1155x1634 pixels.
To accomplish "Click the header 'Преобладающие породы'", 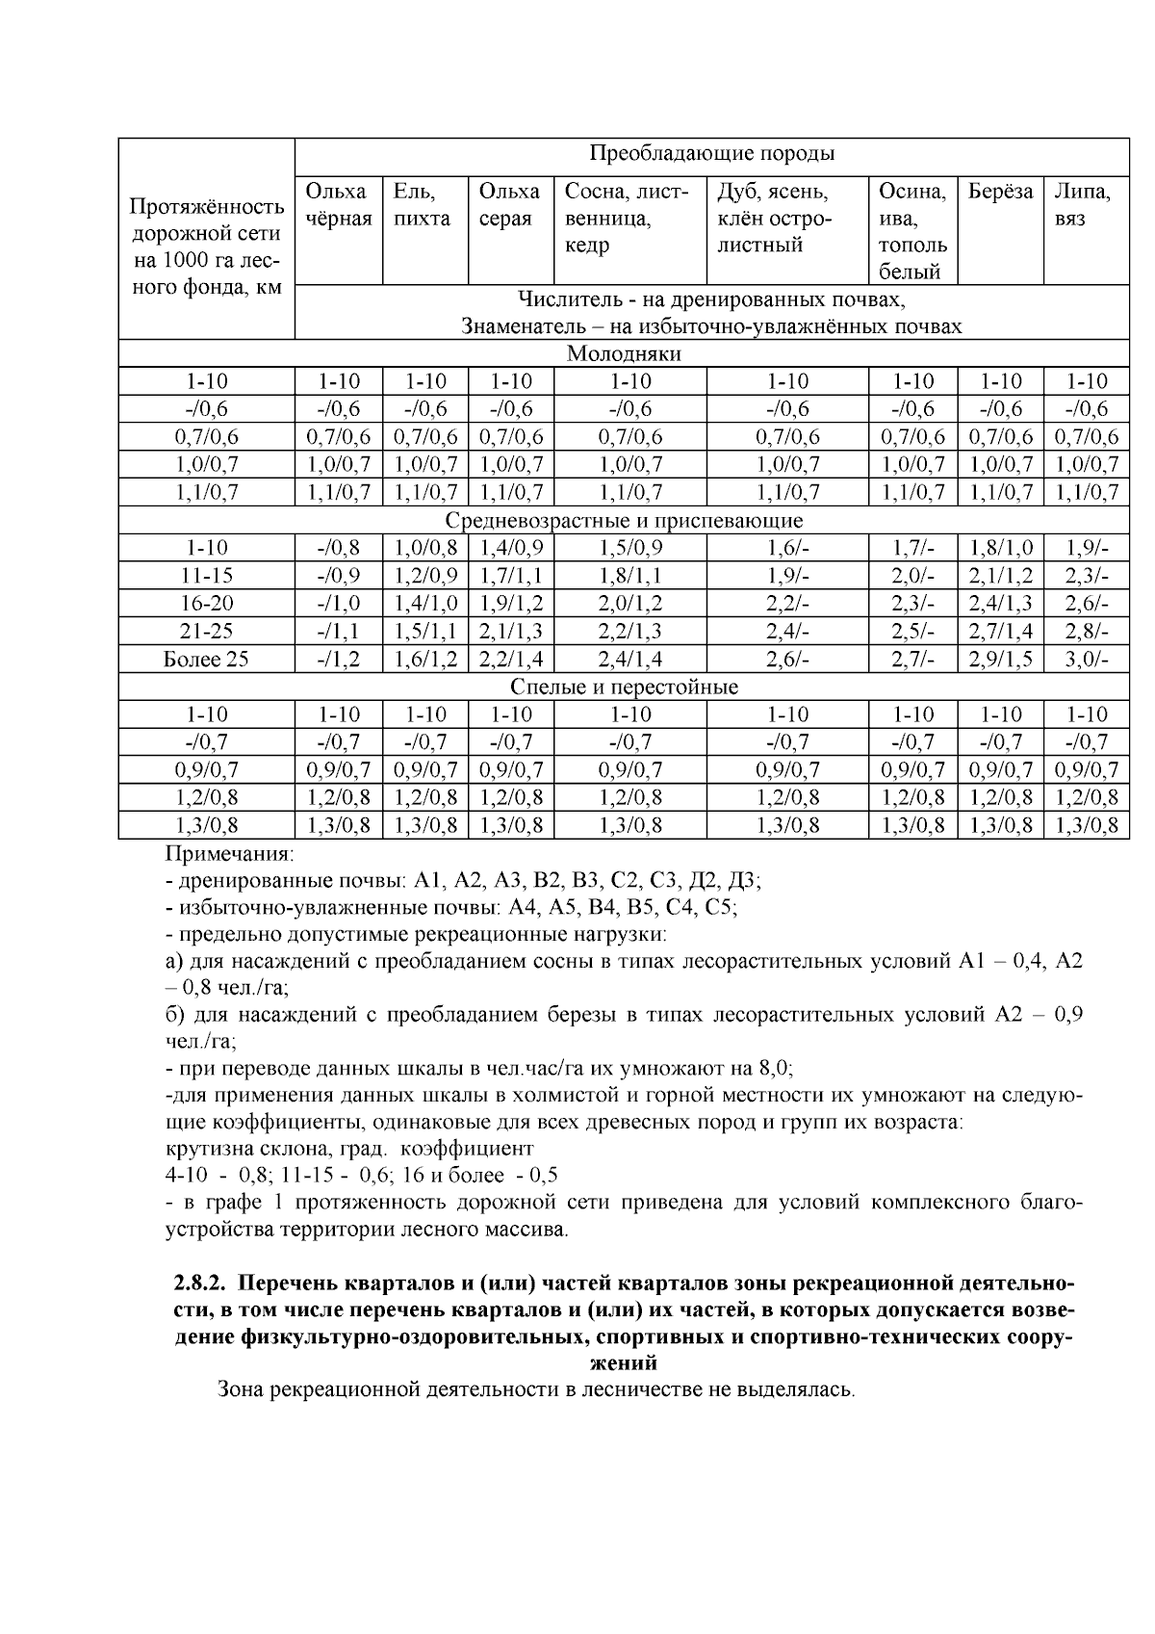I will click(x=711, y=154).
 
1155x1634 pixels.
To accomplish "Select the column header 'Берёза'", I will click(x=999, y=192).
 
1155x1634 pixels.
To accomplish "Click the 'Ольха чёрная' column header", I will click(x=338, y=205).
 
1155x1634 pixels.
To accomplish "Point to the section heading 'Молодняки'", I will click(x=624, y=353).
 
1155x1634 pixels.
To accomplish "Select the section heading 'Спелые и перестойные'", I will click(x=624, y=687).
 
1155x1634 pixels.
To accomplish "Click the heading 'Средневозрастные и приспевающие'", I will click(x=624, y=521).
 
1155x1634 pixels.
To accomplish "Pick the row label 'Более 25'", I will click(x=206, y=660).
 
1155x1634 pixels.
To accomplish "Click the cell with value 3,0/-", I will click(x=1086, y=660).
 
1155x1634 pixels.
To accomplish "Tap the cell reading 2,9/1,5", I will click(x=1000, y=660).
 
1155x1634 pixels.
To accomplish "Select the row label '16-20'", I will click(x=206, y=604).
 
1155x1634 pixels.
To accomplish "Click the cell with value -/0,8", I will click(x=338, y=549).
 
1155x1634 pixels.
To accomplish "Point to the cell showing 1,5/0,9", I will click(x=630, y=549).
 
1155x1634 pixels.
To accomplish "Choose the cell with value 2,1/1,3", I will click(x=510, y=632).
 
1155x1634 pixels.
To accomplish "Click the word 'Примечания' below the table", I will click(x=230, y=854).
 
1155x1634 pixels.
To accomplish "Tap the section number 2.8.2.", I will click(x=200, y=1284).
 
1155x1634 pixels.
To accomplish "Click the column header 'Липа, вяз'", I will click(x=1084, y=205).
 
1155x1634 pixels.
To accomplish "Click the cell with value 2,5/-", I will click(x=912, y=632).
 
